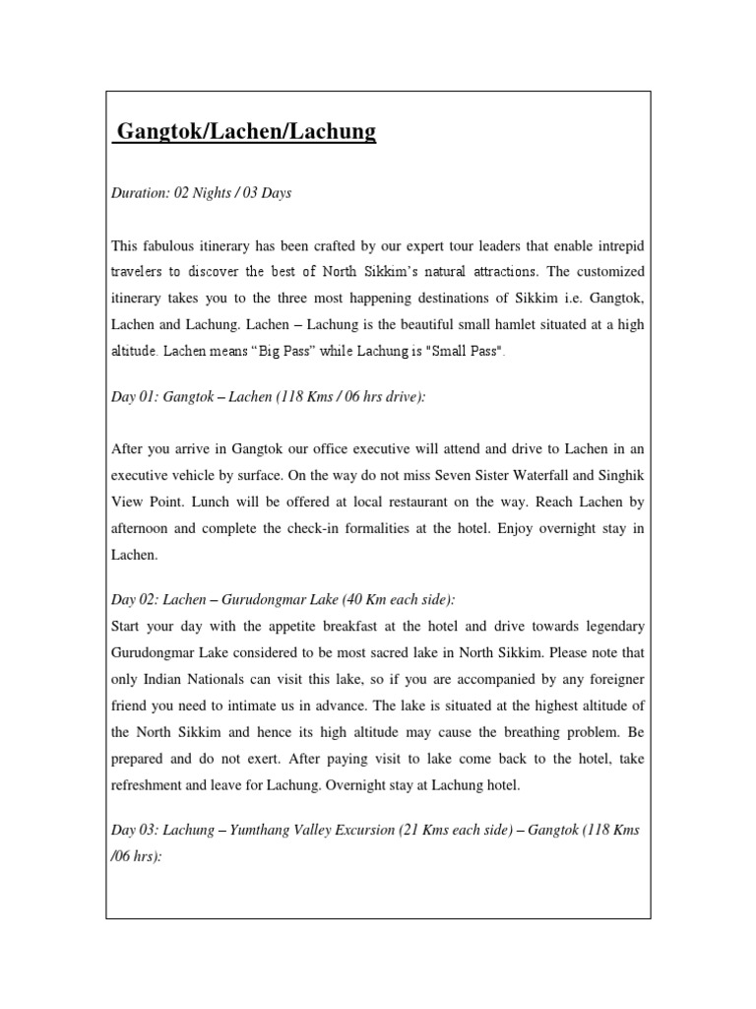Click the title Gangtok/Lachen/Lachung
(x=245, y=132)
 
